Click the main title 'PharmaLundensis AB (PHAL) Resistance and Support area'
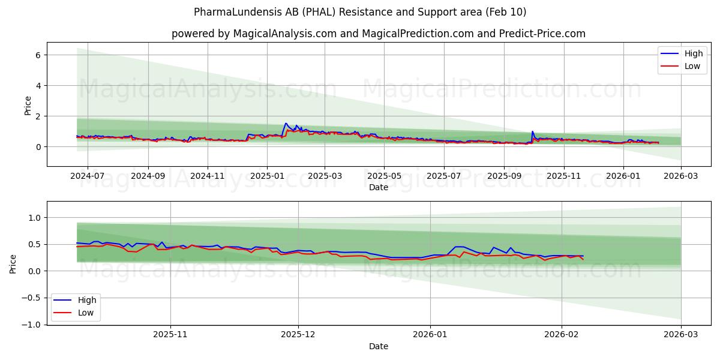(360, 12)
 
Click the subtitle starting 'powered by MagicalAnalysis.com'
(378, 34)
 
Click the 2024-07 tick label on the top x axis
(88, 176)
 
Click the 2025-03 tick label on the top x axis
(325, 176)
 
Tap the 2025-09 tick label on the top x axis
(503, 176)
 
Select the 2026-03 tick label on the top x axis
(681, 176)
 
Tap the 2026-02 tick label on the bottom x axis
(561, 335)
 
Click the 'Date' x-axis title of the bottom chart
(378, 346)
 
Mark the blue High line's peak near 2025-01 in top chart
(286, 124)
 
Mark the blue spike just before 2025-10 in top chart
(532, 131)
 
